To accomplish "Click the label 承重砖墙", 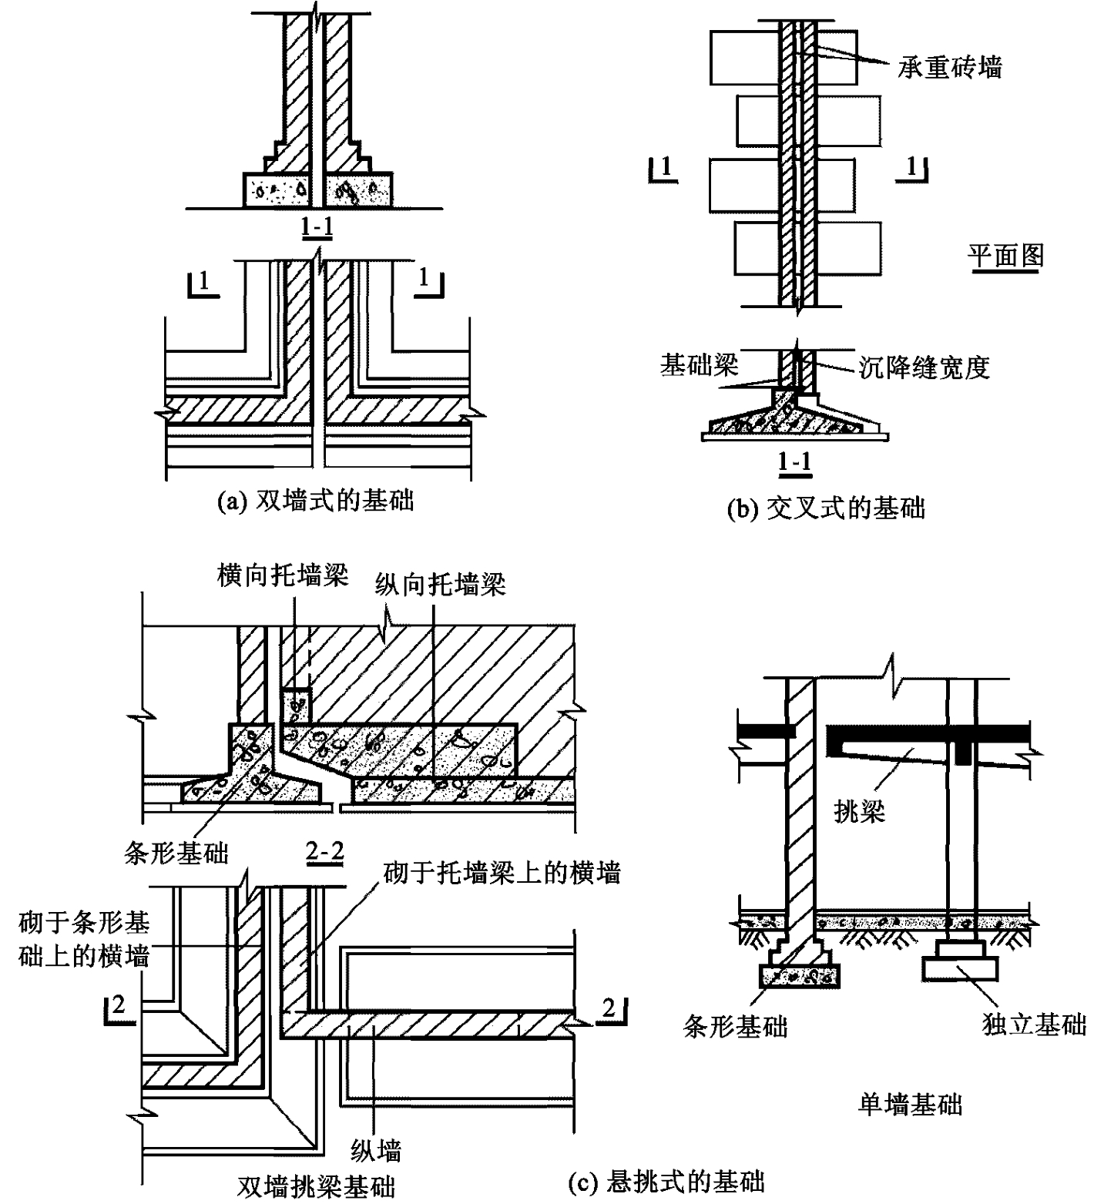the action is (x=949, y=67).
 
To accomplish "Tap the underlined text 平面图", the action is (x=1006, y=257).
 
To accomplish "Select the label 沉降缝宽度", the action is (x=924, y=367).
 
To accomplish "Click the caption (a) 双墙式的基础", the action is (x=317, y=501).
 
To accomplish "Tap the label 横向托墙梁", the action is (x=283, y=576).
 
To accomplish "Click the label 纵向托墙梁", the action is (x=441, y=585).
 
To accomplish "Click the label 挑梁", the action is (x=860, y=810).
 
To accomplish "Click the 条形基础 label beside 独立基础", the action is (x=736, y=1025).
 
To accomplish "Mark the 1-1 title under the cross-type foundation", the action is (x=794, y=461).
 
